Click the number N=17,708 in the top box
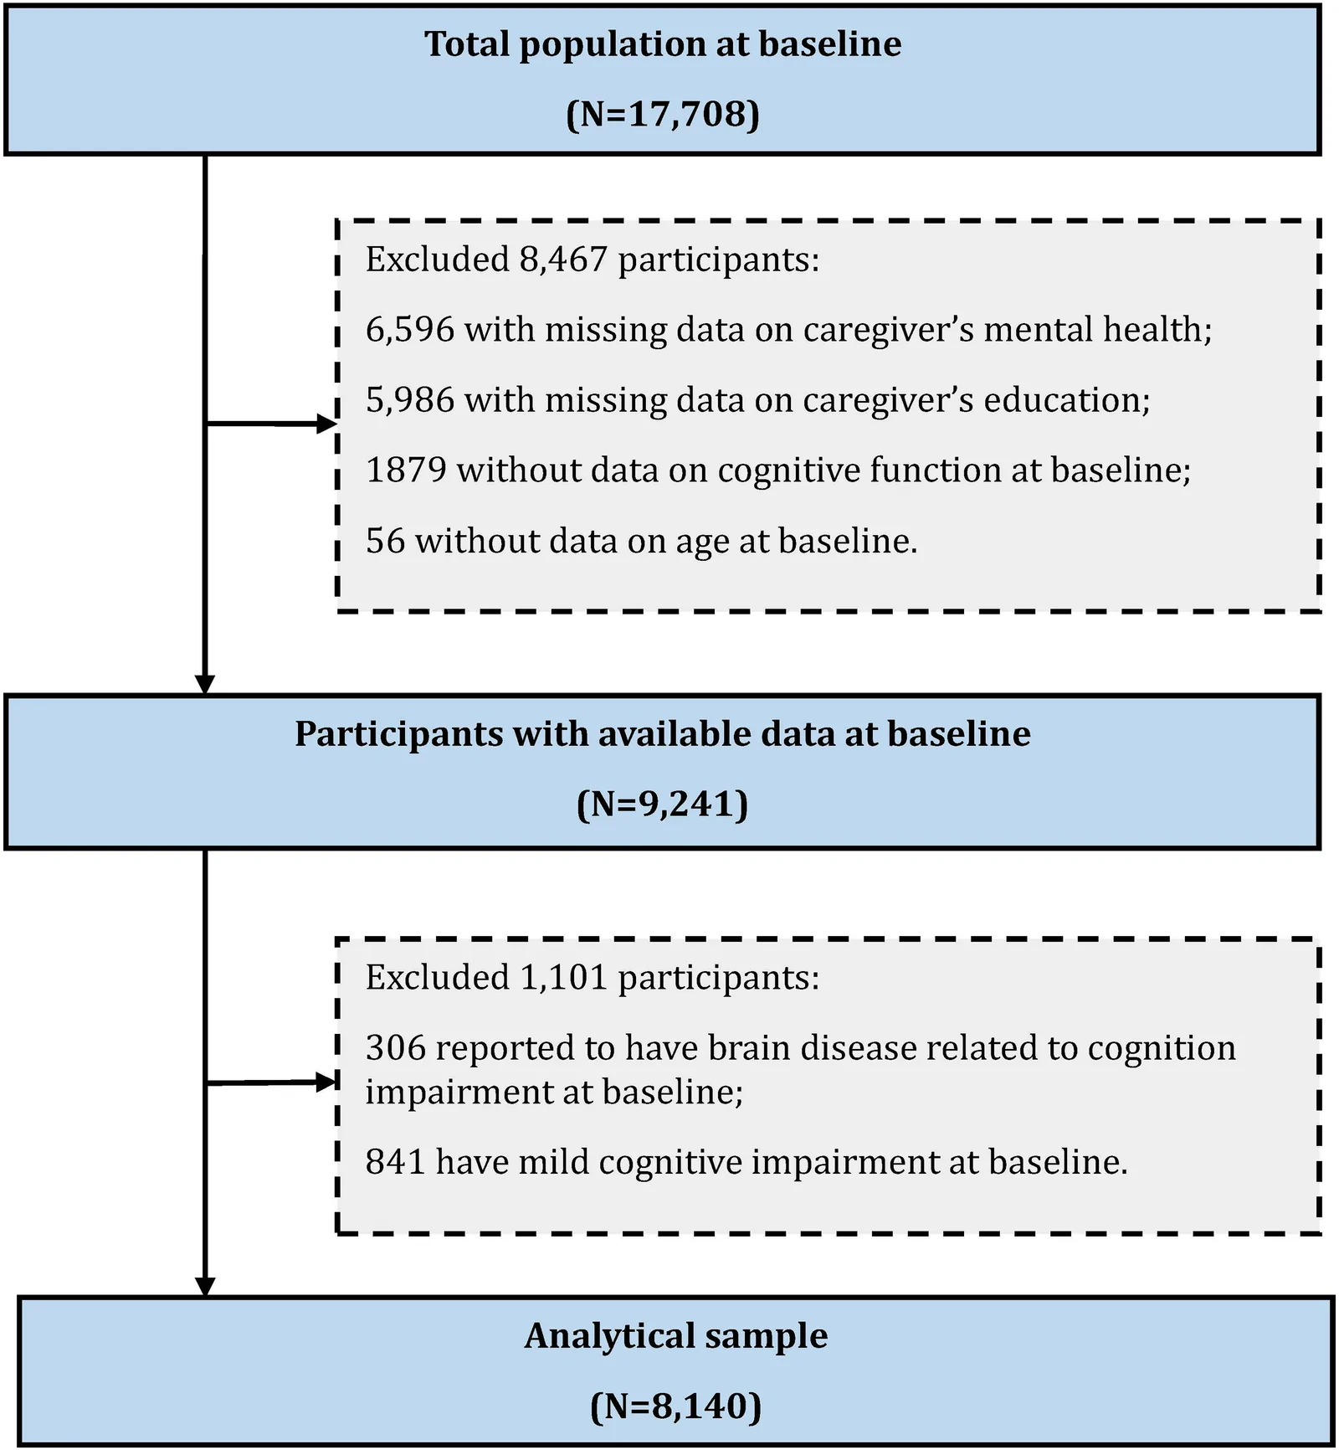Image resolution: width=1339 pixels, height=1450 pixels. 663,114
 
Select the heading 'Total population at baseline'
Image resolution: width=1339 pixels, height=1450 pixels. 663,44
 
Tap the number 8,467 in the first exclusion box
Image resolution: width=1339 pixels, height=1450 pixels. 563,260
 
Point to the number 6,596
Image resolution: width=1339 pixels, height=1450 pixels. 410,330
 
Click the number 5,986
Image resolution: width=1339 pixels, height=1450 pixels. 410,400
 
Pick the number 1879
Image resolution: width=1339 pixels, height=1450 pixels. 406,470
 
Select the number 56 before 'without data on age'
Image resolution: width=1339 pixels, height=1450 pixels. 386,541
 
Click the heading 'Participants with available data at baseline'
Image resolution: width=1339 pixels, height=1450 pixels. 663,734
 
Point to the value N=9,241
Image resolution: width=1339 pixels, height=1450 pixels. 663,804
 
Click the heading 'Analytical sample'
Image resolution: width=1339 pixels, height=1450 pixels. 676,1336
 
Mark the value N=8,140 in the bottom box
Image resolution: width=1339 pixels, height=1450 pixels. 676,1406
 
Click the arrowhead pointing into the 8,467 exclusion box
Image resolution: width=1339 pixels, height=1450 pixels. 326,424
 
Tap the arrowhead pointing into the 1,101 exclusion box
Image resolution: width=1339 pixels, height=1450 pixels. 326,1082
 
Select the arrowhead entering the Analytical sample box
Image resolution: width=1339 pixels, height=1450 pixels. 205,1287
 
